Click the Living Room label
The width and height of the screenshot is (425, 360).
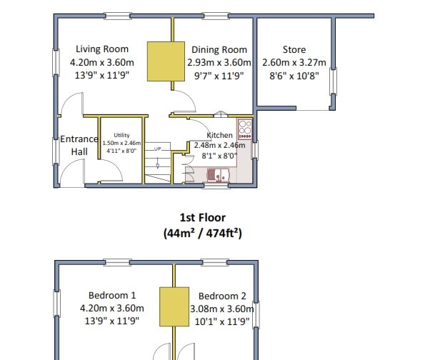pos(102,49)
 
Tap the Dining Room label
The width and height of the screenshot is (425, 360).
pos(219,50)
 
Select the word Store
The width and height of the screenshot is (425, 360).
pos(294,50)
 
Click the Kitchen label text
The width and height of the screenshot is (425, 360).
pos(219,135)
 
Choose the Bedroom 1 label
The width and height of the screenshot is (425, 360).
pos(112,295)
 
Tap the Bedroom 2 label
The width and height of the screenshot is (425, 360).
pos(222,296)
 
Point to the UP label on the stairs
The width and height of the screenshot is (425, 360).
pos(158,149)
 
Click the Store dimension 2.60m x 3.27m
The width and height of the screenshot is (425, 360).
pos(294,63)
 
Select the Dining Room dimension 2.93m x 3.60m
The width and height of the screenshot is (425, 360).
pos(220,63)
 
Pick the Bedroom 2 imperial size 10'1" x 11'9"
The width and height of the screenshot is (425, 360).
pos(222,321)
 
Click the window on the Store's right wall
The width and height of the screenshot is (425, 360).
pos(332,84)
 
